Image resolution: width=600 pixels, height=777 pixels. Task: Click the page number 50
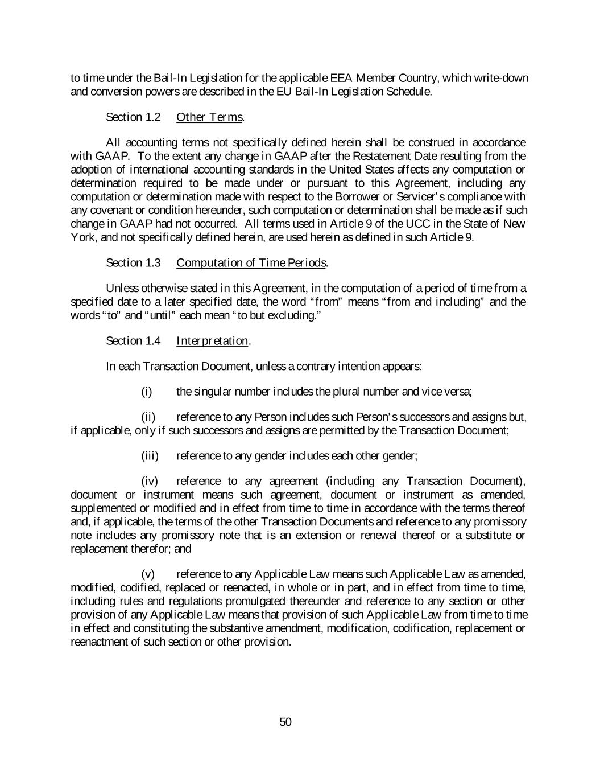click(285, 722)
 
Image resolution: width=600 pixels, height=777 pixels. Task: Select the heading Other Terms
click(210, 117)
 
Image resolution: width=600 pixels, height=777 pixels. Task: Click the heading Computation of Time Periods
click(251, 262)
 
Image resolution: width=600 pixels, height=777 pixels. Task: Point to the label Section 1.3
click(133, 262)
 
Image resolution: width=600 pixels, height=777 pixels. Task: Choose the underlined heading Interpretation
click(212, 340)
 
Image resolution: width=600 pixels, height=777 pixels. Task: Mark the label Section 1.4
click(133, 340)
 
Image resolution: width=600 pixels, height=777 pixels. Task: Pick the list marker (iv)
click(150, 481)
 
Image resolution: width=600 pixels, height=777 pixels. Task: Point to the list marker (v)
click(148, 574)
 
